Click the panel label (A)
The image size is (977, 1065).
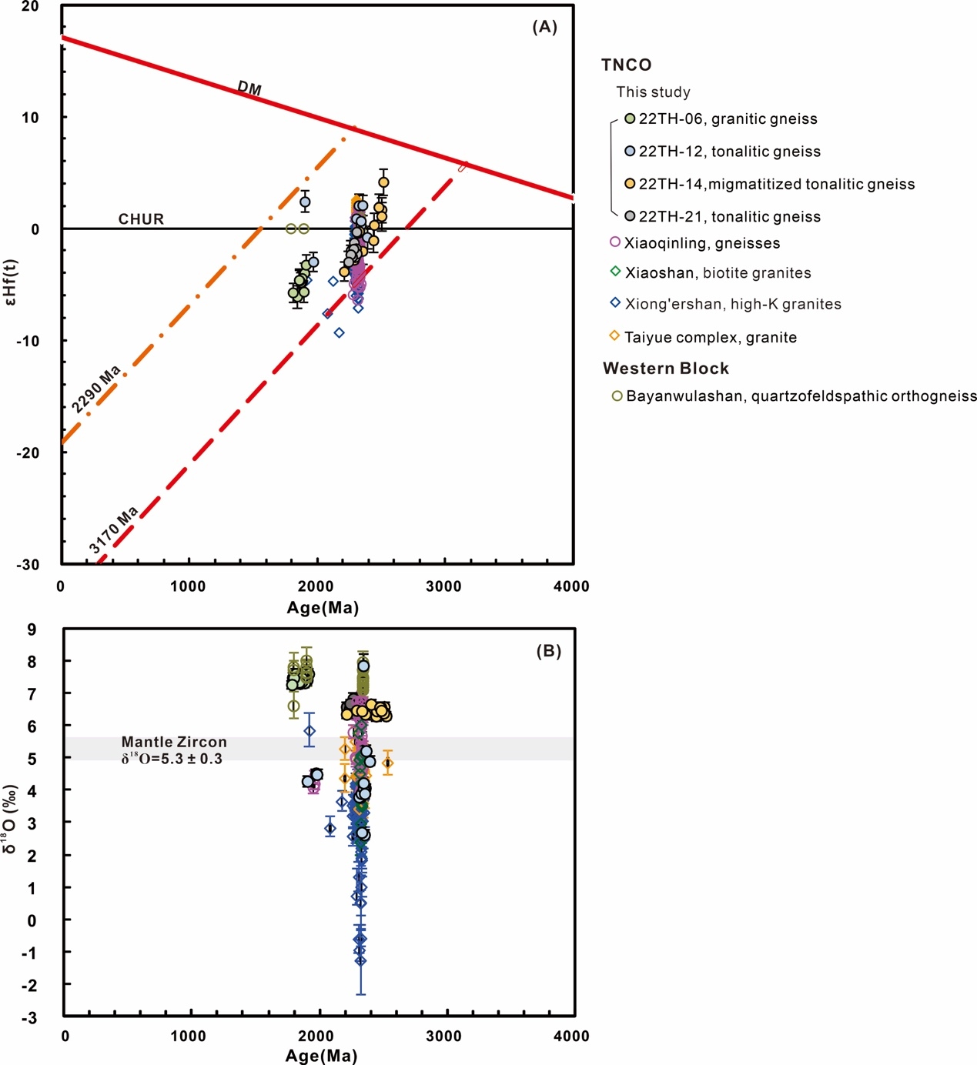tap(544, 27)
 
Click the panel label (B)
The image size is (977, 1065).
tap(548, 651)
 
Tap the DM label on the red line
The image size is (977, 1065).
tap(249, 88)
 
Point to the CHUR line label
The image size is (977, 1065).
tap(141, 219)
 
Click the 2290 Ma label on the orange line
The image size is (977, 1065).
tap(96, 389)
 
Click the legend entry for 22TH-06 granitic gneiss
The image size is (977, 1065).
tap(721, 119)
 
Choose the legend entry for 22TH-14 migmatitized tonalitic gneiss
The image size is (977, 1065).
tap(769, 184)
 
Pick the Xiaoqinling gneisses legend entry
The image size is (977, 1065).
tap(694, 243)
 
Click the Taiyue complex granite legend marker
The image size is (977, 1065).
tap(614, 336)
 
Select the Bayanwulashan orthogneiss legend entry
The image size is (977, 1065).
tap(794, 396)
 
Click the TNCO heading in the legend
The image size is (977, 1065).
tap(627, 65)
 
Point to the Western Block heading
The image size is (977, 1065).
tap(666, 368)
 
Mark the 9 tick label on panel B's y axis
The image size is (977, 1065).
tap(32, 629)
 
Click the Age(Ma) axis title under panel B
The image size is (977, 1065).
tap(321, 1055)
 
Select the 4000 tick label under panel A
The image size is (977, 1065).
tap(571, 586)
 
